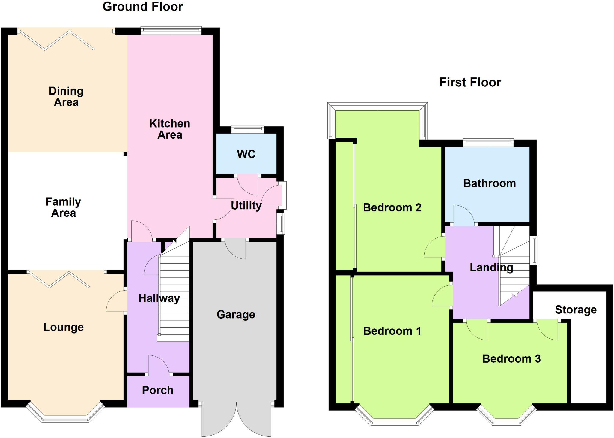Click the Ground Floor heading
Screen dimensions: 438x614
click(143, 7)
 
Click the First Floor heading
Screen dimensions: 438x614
click(470, 82)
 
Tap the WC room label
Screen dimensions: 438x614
click(246, 154)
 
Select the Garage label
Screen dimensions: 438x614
click(236, 314)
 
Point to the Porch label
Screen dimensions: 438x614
click(158, 390)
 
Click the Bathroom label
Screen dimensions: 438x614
click(489, 183)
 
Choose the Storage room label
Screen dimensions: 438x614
click(576, 310)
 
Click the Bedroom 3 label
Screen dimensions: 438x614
click(511, 358)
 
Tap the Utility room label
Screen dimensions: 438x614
click(246, 206)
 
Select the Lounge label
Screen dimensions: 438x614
click(63, 327)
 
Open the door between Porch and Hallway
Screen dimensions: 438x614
click(159, 365)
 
